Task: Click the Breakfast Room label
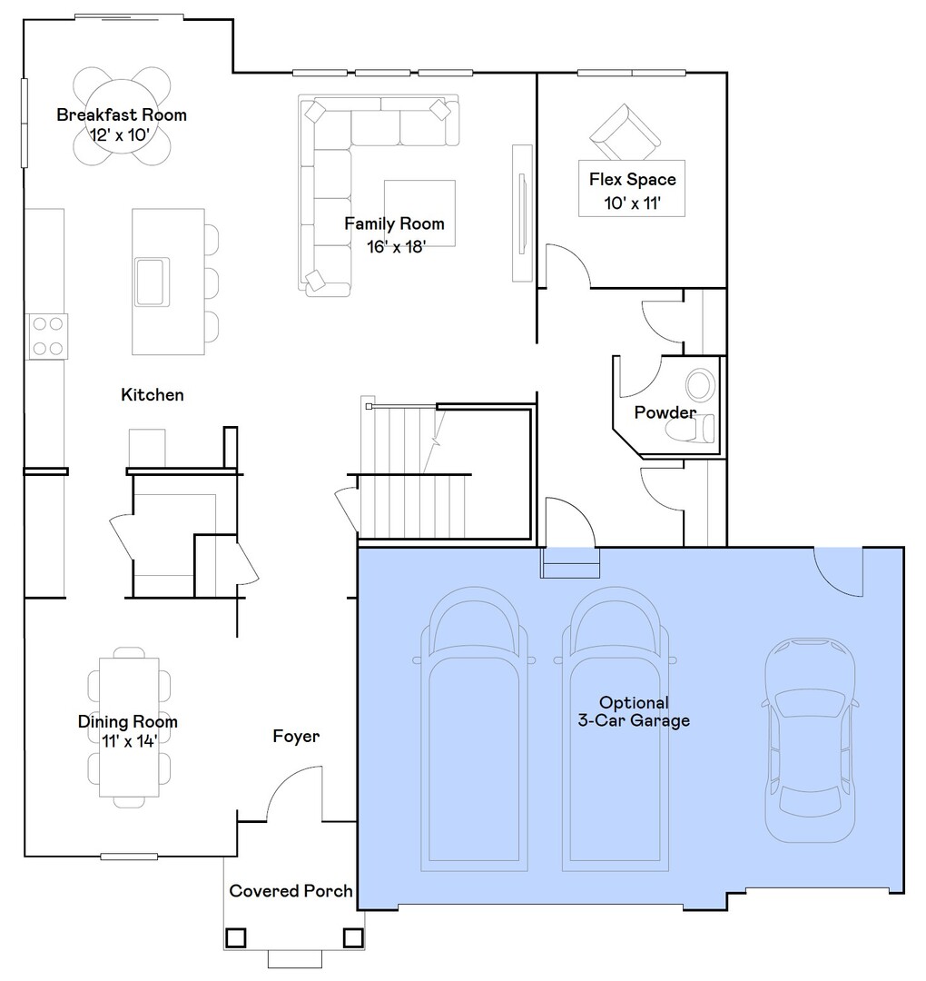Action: pyautogui.click(x=122, y=114)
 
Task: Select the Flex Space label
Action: pyautogui.click(x=632, y=179)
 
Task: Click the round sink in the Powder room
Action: pyautogui.click(x=700, y=385)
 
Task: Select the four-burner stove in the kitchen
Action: pyautogui.click(x=47, y=335)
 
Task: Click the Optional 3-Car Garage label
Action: pyautogui.click(x=634, y=711)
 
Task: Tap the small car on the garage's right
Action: pyautogui.click(x=810, y=739)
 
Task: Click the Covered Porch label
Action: pyautogui.click(x=291, y=890)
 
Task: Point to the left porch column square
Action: pyautogui.click(x=236, y=936)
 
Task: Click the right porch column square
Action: pyautogui.click(x=352, y=936)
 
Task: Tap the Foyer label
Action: pyautogui.click(x=296, y=736)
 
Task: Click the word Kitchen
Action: pyautogui.click(x=153, y=394)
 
